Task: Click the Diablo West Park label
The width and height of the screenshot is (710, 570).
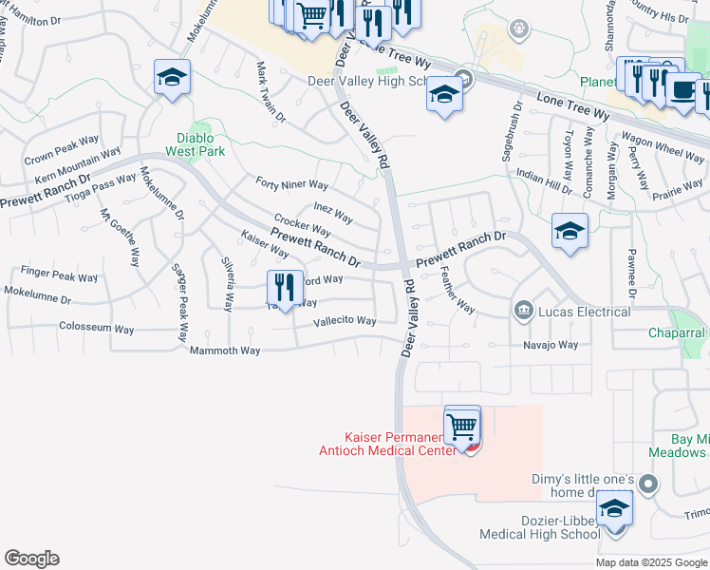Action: coord(194,143)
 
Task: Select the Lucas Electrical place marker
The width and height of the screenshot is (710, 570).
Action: coord(523,311)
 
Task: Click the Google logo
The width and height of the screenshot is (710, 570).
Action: coord(31,559)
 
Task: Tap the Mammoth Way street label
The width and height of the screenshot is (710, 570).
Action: coord(225,351)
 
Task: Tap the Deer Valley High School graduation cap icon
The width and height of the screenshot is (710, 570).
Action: coord(443,94)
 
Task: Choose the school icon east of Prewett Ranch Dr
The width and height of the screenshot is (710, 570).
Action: coord(570,231)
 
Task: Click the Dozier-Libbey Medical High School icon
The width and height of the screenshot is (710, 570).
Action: coord(615,510)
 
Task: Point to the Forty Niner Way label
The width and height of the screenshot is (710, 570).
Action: coord(291,183)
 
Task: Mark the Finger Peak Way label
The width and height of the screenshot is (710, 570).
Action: coord(65,277)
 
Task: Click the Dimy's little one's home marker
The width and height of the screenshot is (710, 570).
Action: coord(648,484)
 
